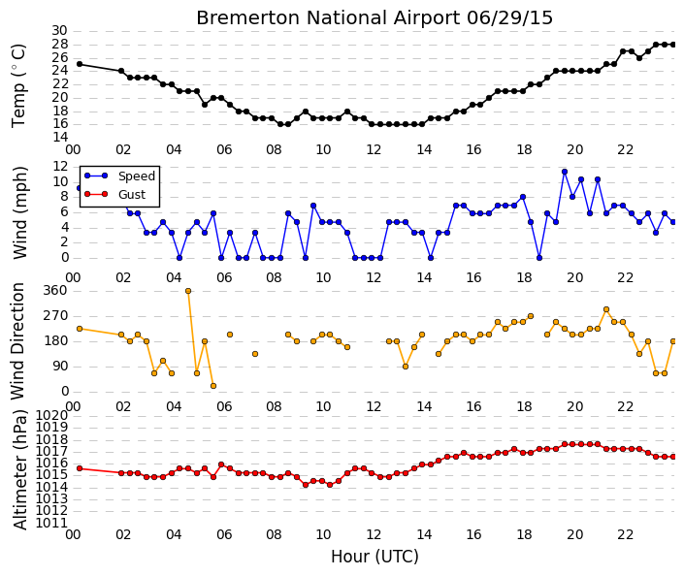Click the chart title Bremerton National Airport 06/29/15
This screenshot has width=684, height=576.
375,18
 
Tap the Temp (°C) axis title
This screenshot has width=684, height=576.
18,86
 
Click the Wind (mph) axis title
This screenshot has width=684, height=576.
19,212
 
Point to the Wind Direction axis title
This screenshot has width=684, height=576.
17,341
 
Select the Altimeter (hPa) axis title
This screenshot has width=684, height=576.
19,470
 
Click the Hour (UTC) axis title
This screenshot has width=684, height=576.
375,557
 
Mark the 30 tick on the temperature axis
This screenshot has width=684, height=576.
60,31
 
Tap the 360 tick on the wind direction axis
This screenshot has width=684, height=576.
55,291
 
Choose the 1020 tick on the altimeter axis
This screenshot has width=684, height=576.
51,415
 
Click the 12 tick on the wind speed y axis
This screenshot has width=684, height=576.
60,166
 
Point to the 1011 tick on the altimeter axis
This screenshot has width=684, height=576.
51,524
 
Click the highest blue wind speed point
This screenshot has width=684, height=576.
565,172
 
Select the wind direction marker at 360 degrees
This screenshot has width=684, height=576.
188,291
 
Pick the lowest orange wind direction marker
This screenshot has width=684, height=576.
213,386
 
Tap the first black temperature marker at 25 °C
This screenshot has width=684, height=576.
80,64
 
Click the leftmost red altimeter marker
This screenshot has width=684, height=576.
80,468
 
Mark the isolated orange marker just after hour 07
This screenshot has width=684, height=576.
255,354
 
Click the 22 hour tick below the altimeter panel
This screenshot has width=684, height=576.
625,534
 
